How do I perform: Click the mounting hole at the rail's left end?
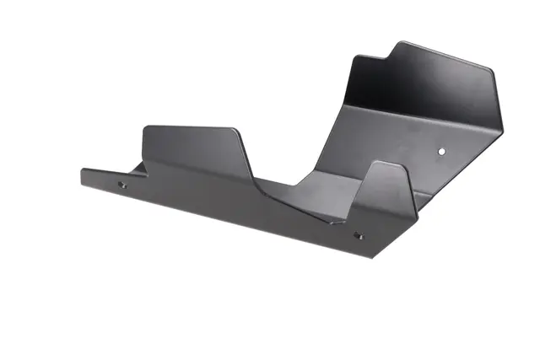coord(121,185)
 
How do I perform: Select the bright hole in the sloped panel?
coord(442,152)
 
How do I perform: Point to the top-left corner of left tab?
coord(145,128)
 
